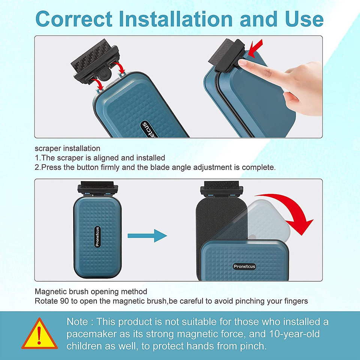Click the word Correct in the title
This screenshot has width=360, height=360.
click(74, 19)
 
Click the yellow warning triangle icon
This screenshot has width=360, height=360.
click(39, 333)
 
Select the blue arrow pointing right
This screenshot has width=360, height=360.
click(147, 235)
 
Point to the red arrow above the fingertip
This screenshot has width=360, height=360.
click(255, 48)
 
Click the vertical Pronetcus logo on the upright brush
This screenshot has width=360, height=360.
click(97, 237)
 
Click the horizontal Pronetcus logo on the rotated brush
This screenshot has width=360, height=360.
click(244, 267)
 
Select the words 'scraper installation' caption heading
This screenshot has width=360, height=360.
click(67, 148)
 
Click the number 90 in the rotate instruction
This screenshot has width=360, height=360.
click(64, 301)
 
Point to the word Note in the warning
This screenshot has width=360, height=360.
click(77, 322)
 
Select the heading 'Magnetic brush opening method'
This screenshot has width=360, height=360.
click(91, 291)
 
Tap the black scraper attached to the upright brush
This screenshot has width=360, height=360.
click(97, 188)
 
